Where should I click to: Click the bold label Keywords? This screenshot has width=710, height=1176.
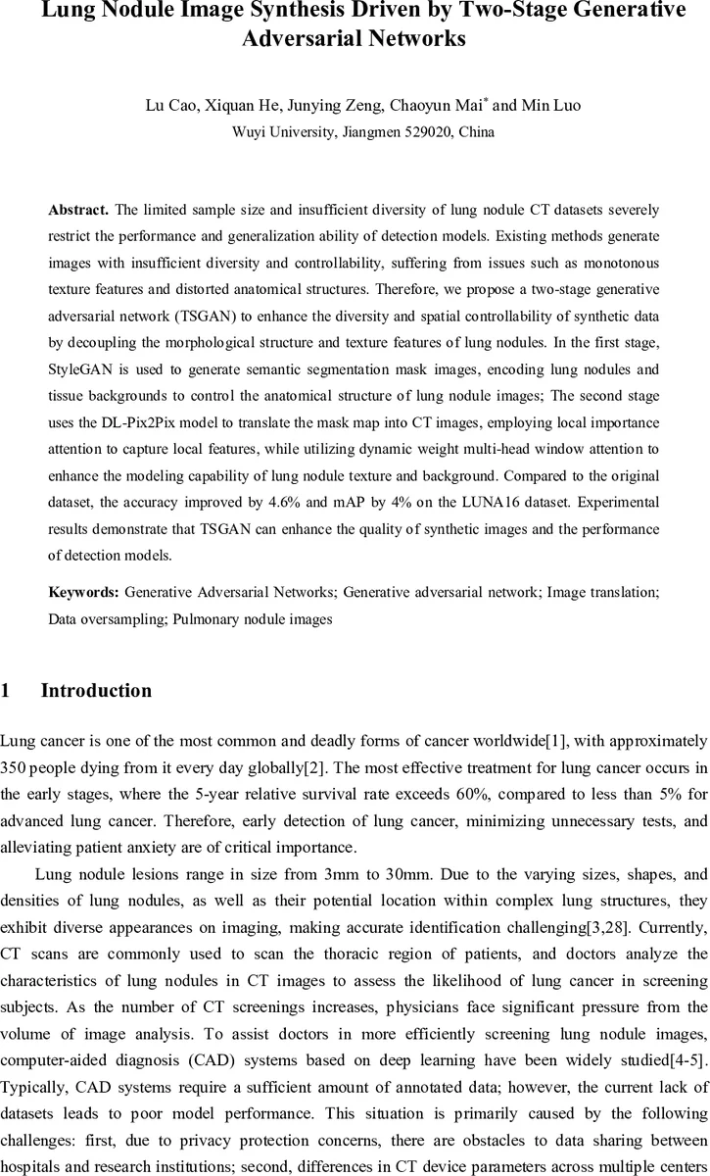[84, 593]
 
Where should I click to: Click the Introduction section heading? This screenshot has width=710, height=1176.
[96, 691]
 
